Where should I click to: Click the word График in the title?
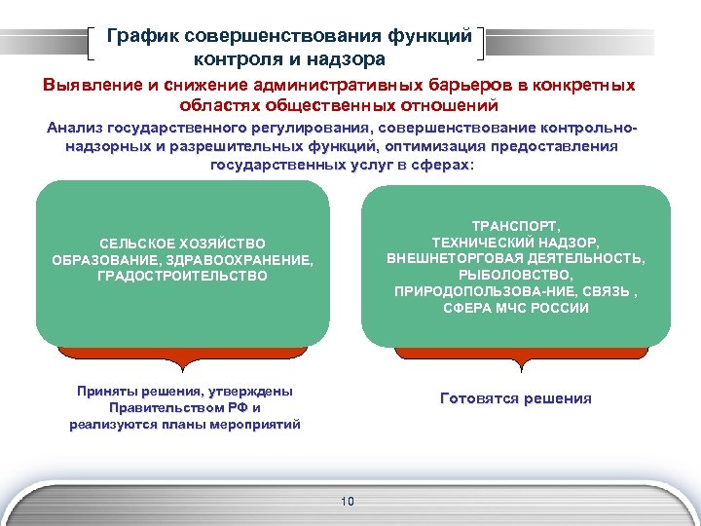tap(142, 36)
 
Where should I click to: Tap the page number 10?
tap(348, 502)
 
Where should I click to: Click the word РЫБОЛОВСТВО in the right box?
tap(515, 275)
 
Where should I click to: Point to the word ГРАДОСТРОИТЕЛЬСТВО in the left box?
tap(182, 276)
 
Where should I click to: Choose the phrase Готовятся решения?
tap(515, 398)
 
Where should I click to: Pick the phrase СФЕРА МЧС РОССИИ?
tap(515, 308)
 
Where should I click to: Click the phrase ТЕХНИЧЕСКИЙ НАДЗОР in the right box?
tap(515, 242)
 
